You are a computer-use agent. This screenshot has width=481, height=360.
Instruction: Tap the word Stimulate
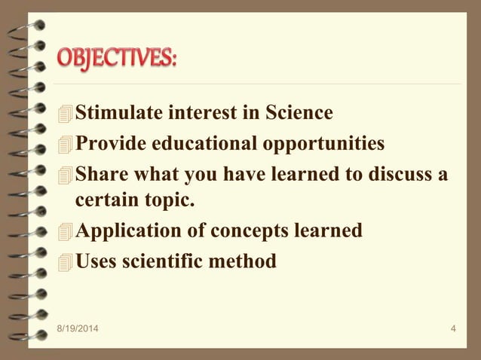(x=114, y=113)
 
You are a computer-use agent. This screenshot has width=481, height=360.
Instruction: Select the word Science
(x=299, y=113)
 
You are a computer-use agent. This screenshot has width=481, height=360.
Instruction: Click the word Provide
(x=109, y=142)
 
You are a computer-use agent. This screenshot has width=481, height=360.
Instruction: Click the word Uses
(x=97, y=261)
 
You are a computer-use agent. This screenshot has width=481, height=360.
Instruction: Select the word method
(x=247, y=261)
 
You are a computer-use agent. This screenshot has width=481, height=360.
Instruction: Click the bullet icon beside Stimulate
(x=66, y=114)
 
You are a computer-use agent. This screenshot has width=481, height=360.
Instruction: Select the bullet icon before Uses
(x=66, y=262)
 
